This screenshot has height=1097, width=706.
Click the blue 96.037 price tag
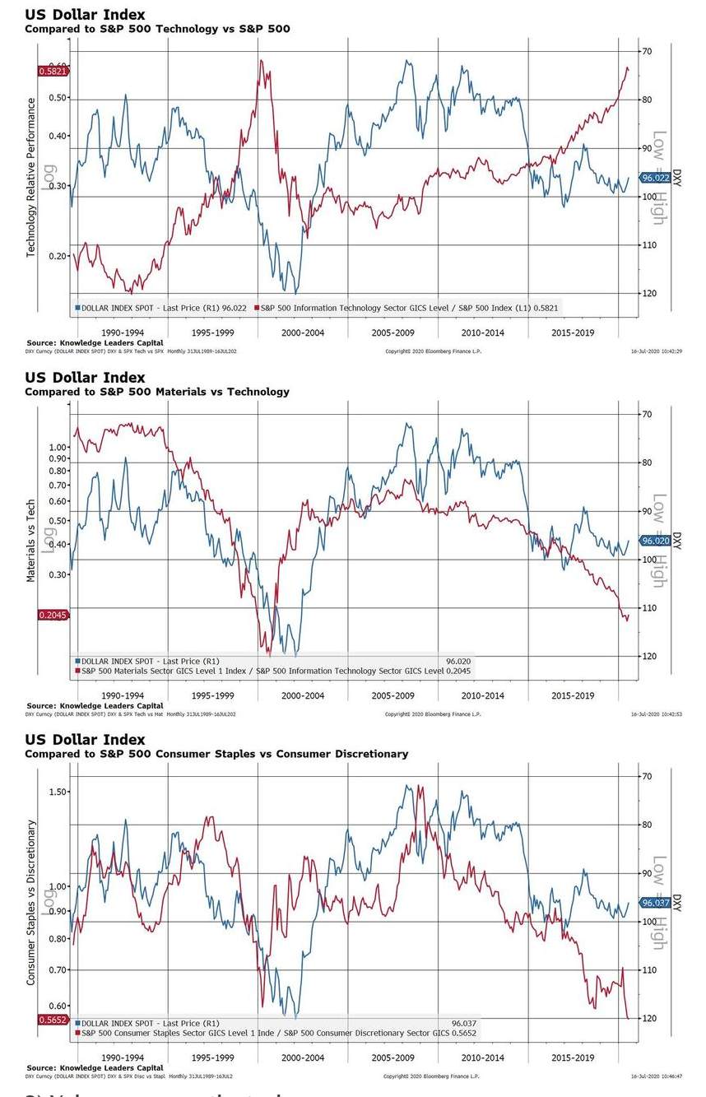click(x=655, y=903)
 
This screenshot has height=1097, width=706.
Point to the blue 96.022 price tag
click(x=655, y=179)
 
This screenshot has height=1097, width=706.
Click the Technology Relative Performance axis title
click(x=31, y=177)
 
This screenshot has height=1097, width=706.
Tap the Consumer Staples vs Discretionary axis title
click(x=31, y=902)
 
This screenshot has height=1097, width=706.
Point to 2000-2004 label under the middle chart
click(x=302, y=695)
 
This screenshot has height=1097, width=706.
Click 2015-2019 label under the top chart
click(x=572, y=333)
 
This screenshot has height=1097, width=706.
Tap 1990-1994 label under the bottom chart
click(x=122, y=1057)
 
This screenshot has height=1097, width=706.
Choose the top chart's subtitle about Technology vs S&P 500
click(x=157, y=30)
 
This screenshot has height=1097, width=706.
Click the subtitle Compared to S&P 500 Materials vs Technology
click(x=157, y=392)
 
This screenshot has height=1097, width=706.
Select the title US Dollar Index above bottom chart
click(x=85, y=740)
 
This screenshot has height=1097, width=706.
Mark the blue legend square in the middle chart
click(x=77, y=661)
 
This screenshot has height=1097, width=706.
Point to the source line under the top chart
click(x=95, y=342)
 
